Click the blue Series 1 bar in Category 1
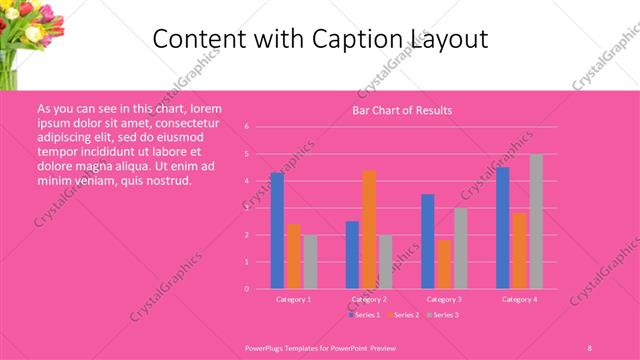coord(277,230)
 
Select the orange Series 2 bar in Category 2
coord(369,229)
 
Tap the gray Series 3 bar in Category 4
coord(536,221)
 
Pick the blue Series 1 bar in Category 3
coord(428,241)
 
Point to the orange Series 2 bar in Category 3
coord(444,264)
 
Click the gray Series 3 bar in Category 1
coord(310,261)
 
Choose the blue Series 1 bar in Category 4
coord(503,227)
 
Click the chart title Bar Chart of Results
coord(403,110)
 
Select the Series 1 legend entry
coord(364,315)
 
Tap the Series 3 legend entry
coord(441,315)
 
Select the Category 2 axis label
coord(369,299)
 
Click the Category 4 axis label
coord(519,299)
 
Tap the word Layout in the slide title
coord(447,39)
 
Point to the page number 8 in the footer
coord(589,347)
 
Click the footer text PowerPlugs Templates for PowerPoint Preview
coord(320,347)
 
